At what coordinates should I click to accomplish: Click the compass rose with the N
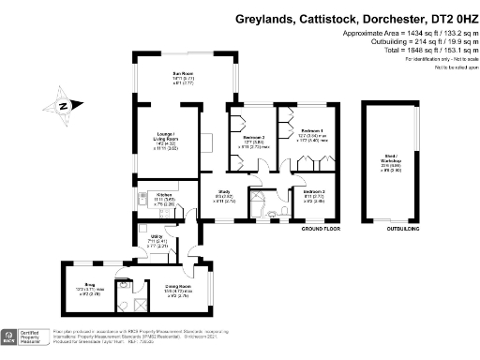tap(61, 107)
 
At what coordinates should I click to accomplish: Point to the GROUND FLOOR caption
tap(319, 228)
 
